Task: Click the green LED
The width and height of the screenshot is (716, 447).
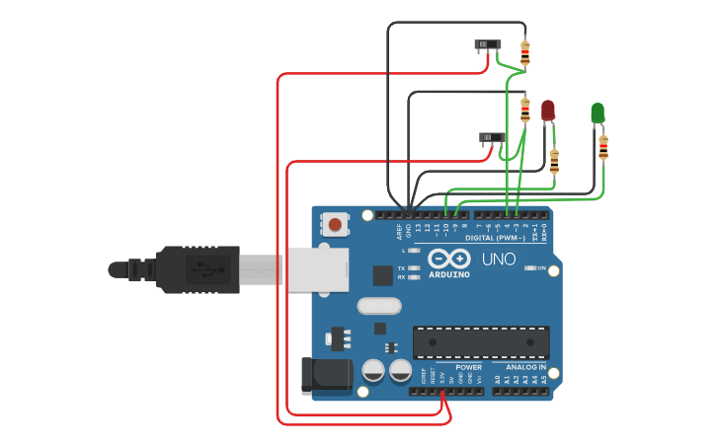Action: [597, 112]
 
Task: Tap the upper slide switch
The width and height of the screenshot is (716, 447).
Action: [488, 45]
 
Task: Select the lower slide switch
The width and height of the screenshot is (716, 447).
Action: [492, 137]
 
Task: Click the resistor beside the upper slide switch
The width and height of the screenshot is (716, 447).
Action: [524, 52]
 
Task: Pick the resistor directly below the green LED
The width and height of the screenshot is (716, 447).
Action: [603, 148]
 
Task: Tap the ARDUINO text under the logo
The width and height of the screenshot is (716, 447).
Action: [449, 275]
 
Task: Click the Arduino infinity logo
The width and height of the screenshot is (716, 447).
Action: [449, 259]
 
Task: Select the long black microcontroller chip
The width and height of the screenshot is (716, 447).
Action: [481, 342]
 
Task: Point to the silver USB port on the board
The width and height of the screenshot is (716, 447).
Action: [318, 270]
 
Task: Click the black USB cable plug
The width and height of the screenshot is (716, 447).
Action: [198, 269]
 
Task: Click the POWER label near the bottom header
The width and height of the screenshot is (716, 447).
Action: [468, 367]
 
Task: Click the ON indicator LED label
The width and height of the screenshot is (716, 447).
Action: [541, 267]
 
